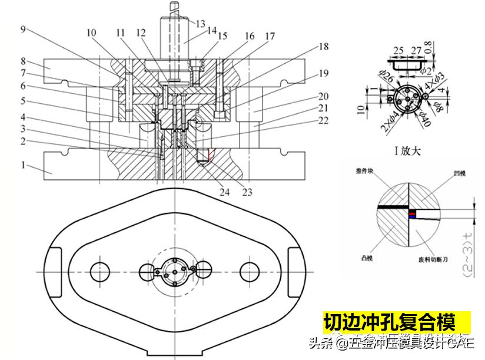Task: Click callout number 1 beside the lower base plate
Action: [24, 166]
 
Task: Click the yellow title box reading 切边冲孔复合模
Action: [389, 322]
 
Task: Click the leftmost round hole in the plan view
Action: [101, 272]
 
